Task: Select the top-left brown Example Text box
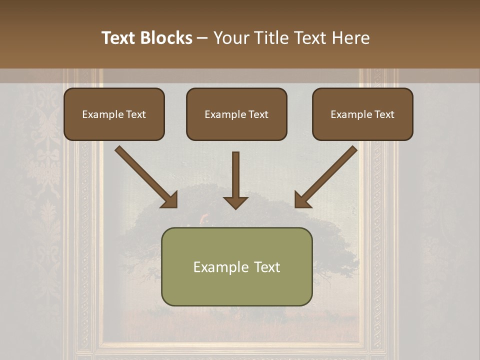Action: pos(114,114)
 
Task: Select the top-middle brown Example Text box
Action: pos(236,114)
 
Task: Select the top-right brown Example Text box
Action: pos(362,114)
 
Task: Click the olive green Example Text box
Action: pos(236,266)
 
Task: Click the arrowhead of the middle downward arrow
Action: pos(235,202)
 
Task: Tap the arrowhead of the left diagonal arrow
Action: pos(170,200)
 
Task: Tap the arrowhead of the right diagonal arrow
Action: pos(302,200)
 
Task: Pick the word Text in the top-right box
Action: pos(384,114)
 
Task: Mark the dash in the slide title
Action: pos(202,38)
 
